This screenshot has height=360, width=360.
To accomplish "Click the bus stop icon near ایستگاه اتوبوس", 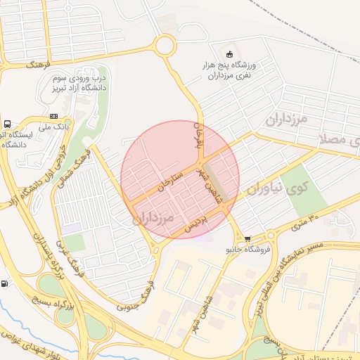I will point(7,124).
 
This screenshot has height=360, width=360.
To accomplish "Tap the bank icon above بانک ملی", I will point(54,116).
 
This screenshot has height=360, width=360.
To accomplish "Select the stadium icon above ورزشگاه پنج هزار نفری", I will point(229,54).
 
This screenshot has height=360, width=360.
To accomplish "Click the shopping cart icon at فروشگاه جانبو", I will point(247,239).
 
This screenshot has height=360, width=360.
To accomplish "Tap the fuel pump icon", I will point(6,284).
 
